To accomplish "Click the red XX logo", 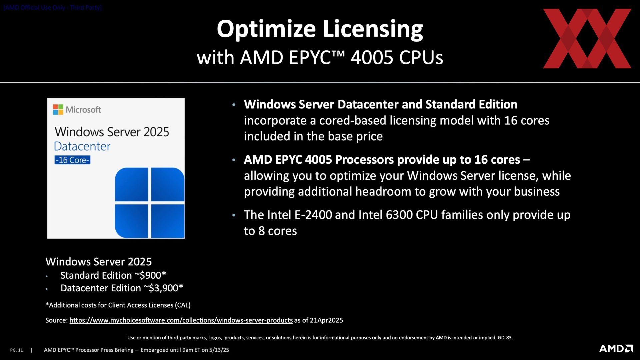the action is click(x=587, y=39).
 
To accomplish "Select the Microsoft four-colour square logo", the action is click(x=58, y=109).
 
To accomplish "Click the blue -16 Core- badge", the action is click(x=72, y=160).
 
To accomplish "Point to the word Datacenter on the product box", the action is click(x=82, y=146).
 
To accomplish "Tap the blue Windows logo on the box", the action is click(x=150, y=203).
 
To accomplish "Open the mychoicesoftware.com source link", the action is click(x=181, y=320).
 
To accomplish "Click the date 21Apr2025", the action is click(x=326, y=320).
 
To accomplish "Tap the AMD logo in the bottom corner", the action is click(x=616, y=349).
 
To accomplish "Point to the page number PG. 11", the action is click(x=16, y=350).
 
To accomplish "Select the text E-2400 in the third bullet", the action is click(x=313, y=215).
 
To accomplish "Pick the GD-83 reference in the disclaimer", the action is click(x=505, y=338).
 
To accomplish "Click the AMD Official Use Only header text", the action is click(x=53, y=7).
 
